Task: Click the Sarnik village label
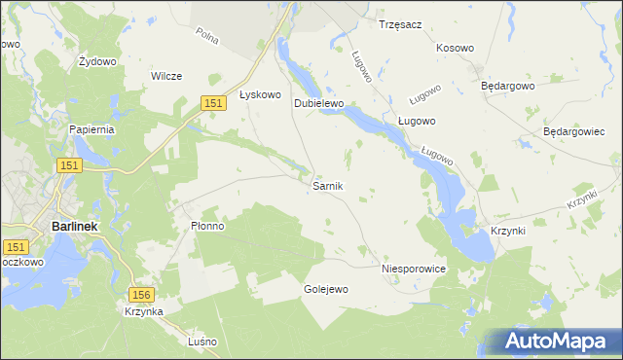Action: (326, 185)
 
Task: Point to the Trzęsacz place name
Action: (400, 24)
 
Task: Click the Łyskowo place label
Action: (260, 94)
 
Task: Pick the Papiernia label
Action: (92, 128)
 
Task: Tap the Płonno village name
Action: (207, 226)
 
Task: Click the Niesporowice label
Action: (414, 268)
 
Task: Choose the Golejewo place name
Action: (326, 289)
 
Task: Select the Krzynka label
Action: (143, 311)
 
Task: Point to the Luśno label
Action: (203, 342)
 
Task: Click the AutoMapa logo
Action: (555, 341)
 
